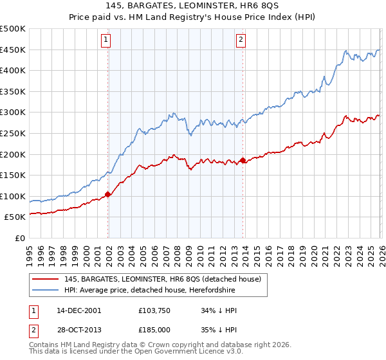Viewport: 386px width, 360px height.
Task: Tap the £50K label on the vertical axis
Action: [x=15, y=217]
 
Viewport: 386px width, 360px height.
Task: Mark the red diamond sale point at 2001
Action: [x=108, y=194]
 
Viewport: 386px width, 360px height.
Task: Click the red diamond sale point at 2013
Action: [x=243, y=160]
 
